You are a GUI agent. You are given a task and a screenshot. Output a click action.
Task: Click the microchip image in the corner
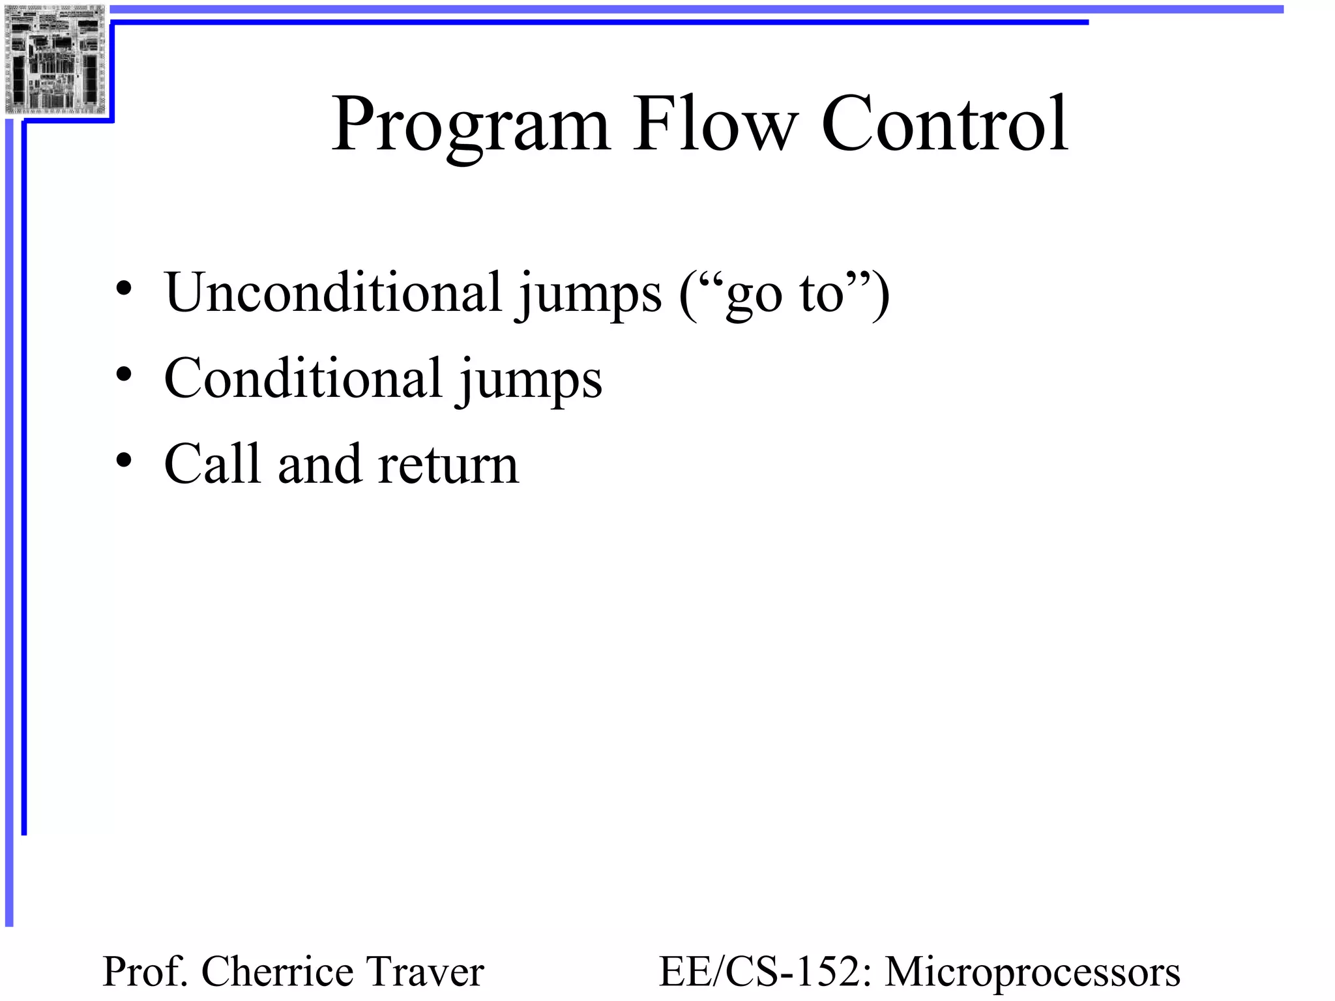(55, 60)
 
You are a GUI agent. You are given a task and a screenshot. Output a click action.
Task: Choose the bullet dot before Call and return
(124, 461)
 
